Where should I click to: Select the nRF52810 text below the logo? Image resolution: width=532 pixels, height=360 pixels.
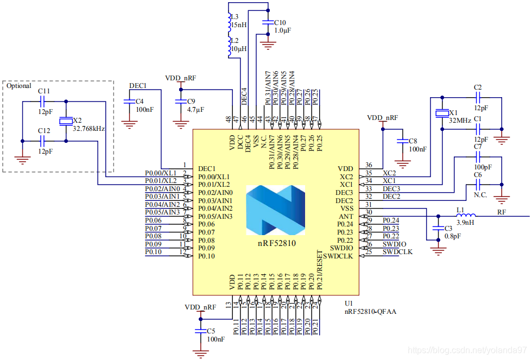click(276, 243)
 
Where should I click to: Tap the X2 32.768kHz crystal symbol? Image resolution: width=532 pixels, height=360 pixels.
click(66, 121)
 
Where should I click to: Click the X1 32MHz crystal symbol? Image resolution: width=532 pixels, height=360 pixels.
click(442, 113)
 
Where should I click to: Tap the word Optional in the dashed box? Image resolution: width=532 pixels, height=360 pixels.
click(19, 86)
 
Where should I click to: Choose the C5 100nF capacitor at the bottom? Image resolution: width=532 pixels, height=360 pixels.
click(200, 331)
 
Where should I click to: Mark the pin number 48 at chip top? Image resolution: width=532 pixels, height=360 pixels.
click(229, 118)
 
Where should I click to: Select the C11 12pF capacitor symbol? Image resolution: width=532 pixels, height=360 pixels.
click(44, 101)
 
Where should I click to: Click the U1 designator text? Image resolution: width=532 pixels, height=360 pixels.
click(349, 303)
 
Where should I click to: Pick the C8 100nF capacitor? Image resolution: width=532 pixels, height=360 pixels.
click(402, 141)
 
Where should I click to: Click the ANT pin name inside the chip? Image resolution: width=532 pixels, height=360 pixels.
click(346, 216)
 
